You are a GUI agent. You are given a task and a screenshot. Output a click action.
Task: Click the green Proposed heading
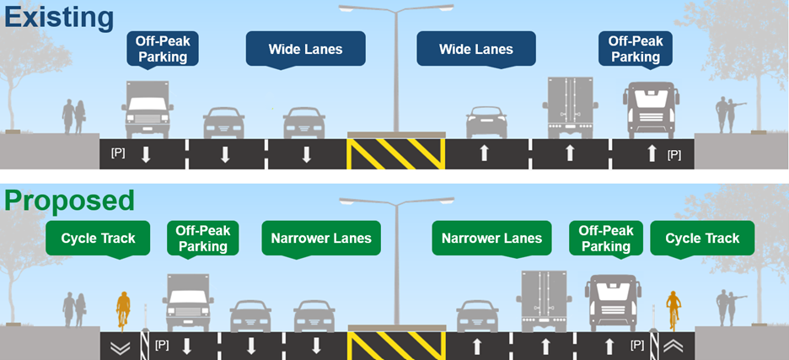(x=69, y=201)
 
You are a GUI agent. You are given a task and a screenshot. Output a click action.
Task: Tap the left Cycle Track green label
(x=98, y=239)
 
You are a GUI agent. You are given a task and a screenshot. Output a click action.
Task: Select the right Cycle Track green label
(x=701, y=239)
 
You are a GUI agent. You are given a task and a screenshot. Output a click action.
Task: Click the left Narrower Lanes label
(x=321, y=239)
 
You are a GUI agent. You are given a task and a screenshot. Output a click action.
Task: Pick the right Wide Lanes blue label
(x=475, y=50)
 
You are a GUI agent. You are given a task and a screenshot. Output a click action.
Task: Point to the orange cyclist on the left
(x=123, y=309)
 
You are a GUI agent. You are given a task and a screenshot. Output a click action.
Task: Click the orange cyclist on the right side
(x=673, y=309)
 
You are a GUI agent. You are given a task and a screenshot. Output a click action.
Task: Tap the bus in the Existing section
(x=652, y=110)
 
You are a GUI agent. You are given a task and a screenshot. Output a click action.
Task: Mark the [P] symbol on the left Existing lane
(x=118, y=153)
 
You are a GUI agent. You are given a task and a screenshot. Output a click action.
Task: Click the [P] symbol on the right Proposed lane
(x=638, y=345)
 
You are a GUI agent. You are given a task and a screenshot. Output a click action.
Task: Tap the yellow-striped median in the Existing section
(x=395, y=154)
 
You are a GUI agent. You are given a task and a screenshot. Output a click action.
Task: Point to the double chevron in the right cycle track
(x=675, y=345)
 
